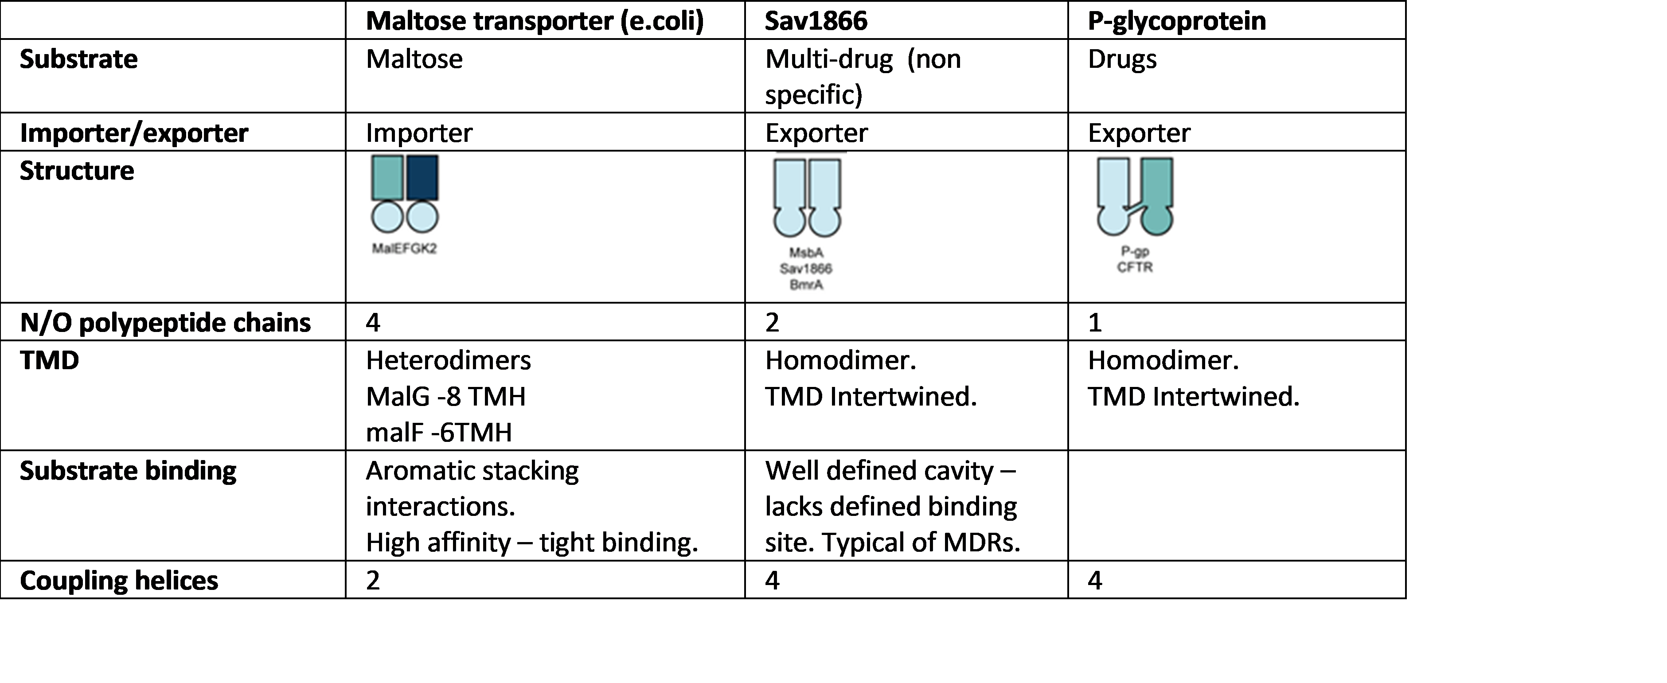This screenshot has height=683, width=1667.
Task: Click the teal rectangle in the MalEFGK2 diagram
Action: coord(388,177)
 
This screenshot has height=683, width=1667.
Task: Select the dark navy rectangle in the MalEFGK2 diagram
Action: coord(422,177)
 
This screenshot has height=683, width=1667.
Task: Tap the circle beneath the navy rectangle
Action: coord(422,217)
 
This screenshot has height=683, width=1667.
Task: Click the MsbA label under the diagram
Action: coord(806,253)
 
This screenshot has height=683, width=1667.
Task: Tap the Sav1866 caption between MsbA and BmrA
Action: coord(806,269)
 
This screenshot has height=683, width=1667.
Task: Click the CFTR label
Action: coord(1134,267)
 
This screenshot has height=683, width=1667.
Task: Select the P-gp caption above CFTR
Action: coord(1134,251)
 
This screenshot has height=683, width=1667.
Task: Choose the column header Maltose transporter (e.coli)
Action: coord(535,21)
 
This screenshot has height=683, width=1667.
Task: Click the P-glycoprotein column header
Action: coord(1176,21)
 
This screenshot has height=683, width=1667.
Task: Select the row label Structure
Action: coord(78,171)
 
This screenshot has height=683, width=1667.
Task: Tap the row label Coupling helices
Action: coord(120,581)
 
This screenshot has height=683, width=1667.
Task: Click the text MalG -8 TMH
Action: coord(446,395)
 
